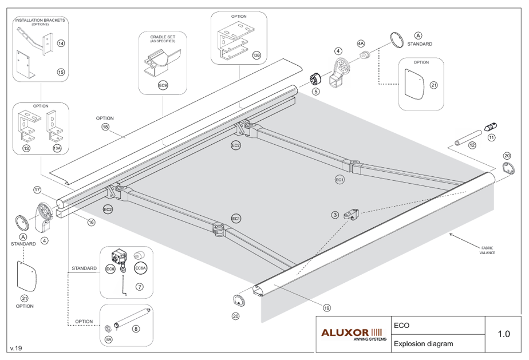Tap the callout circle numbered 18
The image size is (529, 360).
pos(105,127)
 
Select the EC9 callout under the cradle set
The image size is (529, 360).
pos(163,86)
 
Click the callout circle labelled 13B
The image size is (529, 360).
pos(256,55)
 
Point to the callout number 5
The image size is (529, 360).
pos(316,92)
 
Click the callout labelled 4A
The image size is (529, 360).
pos(361,43)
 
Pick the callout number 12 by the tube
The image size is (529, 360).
pos(472,145)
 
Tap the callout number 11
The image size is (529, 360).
pos(492,138)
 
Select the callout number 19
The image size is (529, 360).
pos(326,308)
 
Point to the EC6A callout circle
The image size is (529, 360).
pos(140,268)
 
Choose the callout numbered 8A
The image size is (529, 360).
pos(109,339)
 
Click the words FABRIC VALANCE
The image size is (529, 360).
pos(487,250)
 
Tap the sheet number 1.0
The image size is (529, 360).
pos(504,334)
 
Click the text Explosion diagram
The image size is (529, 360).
pos(424,344)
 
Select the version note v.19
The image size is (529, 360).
pos(16,348)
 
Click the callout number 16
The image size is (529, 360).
pos(91,222)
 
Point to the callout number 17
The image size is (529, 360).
pos(37,190)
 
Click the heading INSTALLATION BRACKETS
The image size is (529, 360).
pos(40,20)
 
